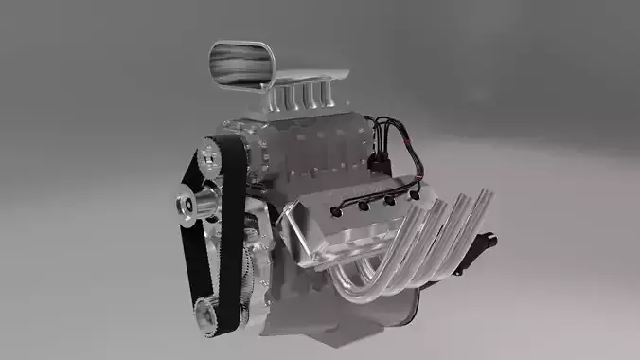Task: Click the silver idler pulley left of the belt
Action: pos(192,203)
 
